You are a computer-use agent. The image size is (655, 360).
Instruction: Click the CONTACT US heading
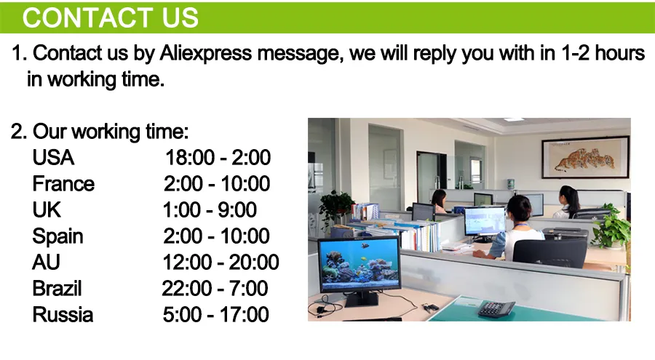click(x=111, y=17)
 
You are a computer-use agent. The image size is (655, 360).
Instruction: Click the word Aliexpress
click(x=205, y=54)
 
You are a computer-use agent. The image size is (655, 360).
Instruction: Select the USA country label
click(x=53, y=157)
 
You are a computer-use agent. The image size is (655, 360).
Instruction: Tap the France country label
click(x=63, y=184)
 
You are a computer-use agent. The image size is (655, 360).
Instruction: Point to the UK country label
click(x=47, y=209)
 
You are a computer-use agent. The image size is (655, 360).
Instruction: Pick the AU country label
click(x=46, y=263)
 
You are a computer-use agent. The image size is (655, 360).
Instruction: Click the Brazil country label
click(x=57, y=289)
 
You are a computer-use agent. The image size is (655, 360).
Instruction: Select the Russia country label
click(x=63, y=315)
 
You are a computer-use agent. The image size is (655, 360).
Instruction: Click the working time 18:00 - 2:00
click(x=218, y=157)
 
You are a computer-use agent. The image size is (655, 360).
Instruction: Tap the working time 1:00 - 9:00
click(x=210, y=209)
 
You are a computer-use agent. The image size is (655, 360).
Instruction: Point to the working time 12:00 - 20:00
click(x=221, y=263)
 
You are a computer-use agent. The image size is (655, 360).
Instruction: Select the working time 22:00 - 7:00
click(x=215, y=289)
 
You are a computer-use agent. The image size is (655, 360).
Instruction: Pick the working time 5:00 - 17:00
click(x=215, y=315)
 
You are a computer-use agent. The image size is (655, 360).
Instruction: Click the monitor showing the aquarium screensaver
click(x=360, y=265)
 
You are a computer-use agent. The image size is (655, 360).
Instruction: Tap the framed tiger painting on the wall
click(x=586, y=157)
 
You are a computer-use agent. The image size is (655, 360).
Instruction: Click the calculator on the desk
click(x=496, y=309)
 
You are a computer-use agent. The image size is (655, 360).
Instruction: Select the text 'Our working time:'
click(x=111, y=132)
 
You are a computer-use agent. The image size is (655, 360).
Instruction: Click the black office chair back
click(x=549, y=252)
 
